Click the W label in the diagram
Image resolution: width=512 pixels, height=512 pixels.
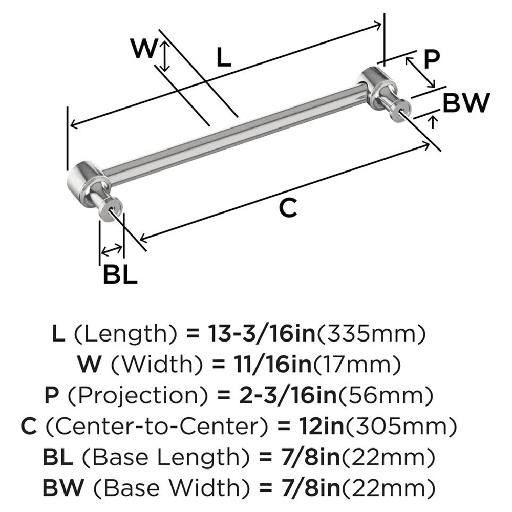point(142,50)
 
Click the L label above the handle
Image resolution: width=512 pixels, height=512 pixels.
point(223,57)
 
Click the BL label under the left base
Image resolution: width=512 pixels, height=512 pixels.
point(120,276)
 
